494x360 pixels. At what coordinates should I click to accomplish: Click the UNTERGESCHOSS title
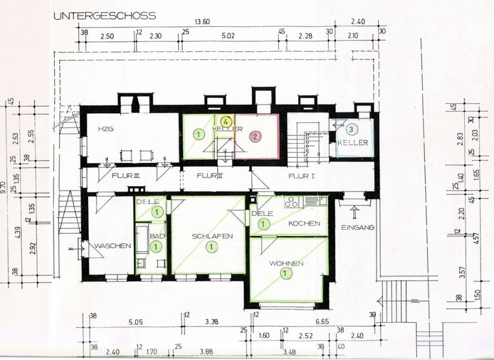[x=104, y=16]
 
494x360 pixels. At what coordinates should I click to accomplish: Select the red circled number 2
[x=256, y=136]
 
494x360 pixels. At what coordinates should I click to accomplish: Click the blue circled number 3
[x=351, y=129]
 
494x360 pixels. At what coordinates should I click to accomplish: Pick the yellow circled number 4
[x=227, y=121]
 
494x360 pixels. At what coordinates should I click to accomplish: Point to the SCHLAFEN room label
[x=213, y=236]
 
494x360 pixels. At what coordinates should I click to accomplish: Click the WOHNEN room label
[x=287, y=263]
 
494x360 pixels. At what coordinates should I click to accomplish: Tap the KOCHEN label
[x=304, y=223]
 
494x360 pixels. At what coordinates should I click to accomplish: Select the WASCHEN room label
[x=113, y=246]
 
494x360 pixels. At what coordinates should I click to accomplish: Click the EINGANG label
[x=357, y=227]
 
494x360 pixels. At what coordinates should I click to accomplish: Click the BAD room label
[x=157, y=236]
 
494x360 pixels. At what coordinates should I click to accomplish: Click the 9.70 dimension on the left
[x=5, y=188]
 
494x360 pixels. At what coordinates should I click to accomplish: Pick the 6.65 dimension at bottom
[x=322, y=322]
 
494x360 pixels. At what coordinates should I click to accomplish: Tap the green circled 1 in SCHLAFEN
[x=213, y=247]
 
